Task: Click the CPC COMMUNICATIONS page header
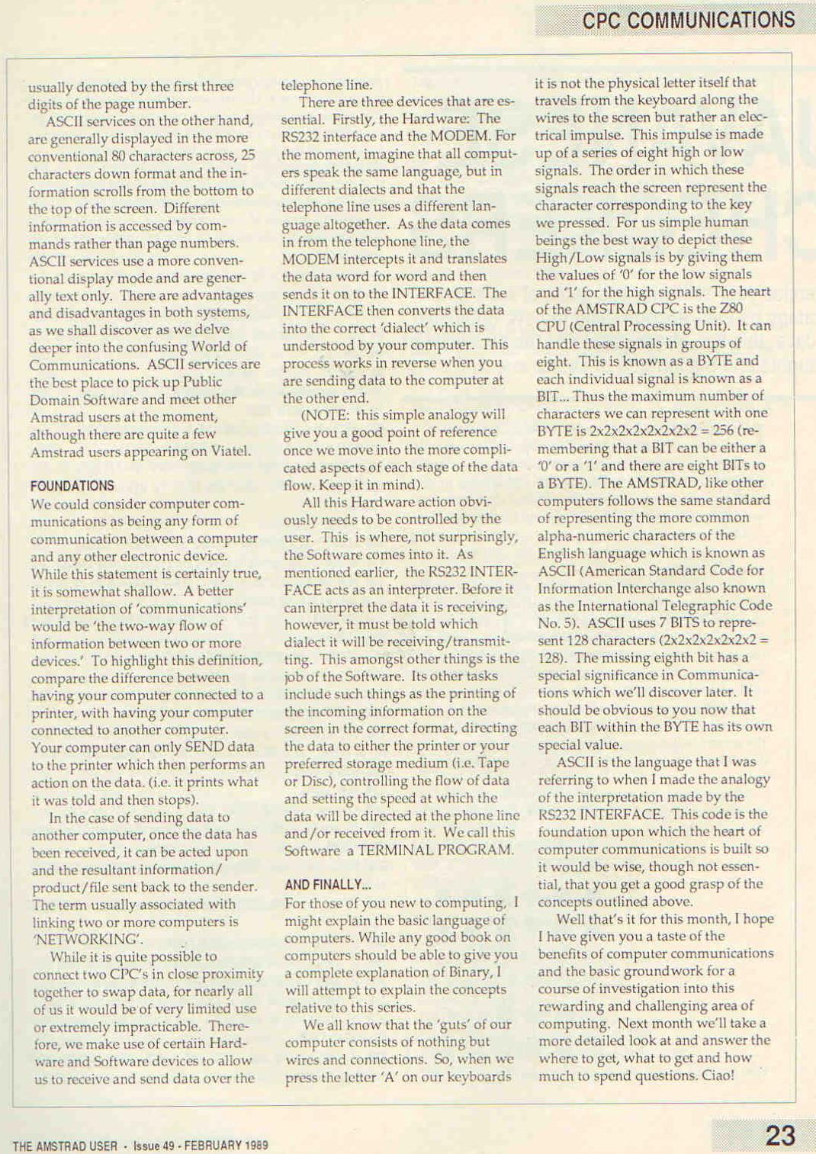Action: tap(688, 20)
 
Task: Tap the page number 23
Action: tap(780, 1136)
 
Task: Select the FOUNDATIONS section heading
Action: tap(72, 486)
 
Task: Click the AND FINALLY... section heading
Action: tap(328, 885)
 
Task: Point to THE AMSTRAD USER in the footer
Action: tap(65, 1146)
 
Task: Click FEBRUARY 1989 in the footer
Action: tap(226, 1146)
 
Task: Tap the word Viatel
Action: tap(230, 452)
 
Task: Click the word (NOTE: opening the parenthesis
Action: tap(327, 415)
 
